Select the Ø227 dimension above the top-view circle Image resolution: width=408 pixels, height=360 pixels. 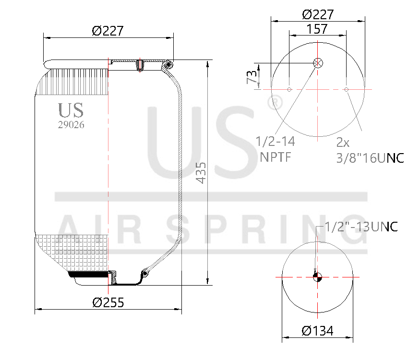pyautogui.click(x=318, y=14)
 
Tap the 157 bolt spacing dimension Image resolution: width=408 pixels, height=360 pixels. pyautogui.click(x=317, y=29)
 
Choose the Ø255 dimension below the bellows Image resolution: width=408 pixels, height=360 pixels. pyautogui.click(x=108, y=302)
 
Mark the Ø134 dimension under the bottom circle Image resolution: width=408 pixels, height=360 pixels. pyautogui.click(x=317, y=331)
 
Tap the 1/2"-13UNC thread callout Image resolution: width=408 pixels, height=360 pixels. pyautogui.click(x=361, y=227)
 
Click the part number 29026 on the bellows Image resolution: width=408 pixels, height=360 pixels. pyautogui.click(x=71, y=124)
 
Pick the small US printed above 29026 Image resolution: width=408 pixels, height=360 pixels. pyautogui.click(x=71, y=110)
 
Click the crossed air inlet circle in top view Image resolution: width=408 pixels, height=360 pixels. pyautogui.click(x=318, y=63)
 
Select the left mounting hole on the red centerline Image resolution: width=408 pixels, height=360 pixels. pyautogui.click(x=289, y=89)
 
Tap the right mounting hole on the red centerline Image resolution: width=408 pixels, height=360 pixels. pyautogui.click(x=347, y=89)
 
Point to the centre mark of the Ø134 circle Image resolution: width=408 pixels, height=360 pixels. pyautogui.click(x=318, y=277)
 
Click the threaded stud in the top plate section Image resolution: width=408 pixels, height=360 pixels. pyautogui.click(x=139, y=65)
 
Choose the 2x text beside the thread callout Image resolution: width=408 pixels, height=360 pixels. pyautogui.click(x=343, y=143)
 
